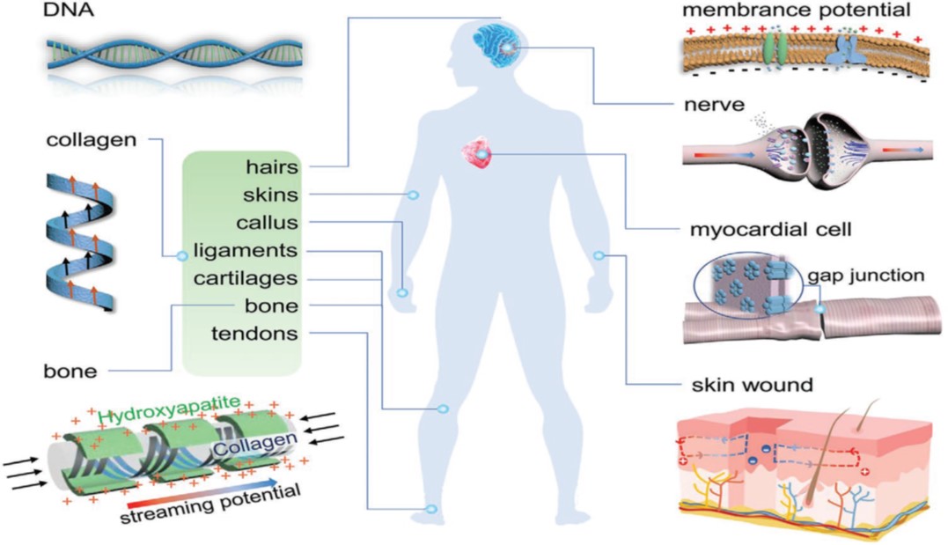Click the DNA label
pyautogui.click(x=69, y=11)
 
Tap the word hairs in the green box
pyautogui.click(x=272, y=166)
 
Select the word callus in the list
pyautogui.click(x=268, y=223)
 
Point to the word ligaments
pyautogui.click(x=246, y=251)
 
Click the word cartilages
pyautogui.click(x=246, y=279)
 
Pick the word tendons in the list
pyautogui.click(x=254, y=334)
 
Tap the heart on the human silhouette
pyautogui.click(x=477, y=154)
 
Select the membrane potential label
pyautogui.click(x=797, y=10)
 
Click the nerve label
pyautogui.click(x=714, y=105)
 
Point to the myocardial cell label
pyautogui.click(x=770, y=230)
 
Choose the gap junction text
pyautogui.click(x=866, y=276)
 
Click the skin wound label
pyautogui.click(x=752, y=385)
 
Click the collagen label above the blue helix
pyautogui.click(x=92, y=140)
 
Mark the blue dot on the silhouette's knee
pyautogui.click(x=443, y=409)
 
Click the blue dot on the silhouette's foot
pyautogui.click(x=431, y=509)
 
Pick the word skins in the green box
pyautogui.click(x=271, y=195)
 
